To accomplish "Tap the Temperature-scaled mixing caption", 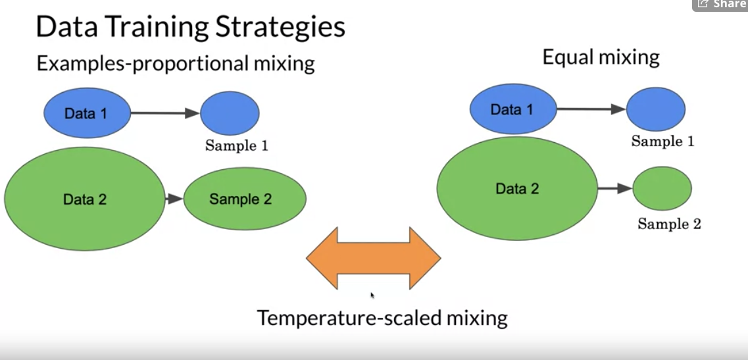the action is pyautogui.click(x=382, y=318).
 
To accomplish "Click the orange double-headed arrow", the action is pyautogui.click(x=373, y=258).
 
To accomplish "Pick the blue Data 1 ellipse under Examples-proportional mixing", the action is pyautogui.click(x=87, y=113).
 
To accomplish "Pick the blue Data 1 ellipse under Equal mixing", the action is pyautogui.click(x=513, y=109).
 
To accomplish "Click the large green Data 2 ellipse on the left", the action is pyautogui.click(x=85, y=199).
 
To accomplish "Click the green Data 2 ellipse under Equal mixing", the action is pyautogui.click(x=517, y=189).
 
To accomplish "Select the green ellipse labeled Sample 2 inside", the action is pyautogui.click(x=245, y=199).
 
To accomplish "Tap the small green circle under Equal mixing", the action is pyautogui.click(x=662, y=188).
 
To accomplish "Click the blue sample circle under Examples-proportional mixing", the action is pyautogui.click(x=230, y=113).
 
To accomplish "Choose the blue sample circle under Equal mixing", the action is pyautogui.click(x=655, y=109).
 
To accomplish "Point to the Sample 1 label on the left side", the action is pyautogui.click(x=237, y=145).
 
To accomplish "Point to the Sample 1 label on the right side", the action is pyautogui.click(x=662, y=141).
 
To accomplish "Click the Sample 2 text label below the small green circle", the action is pyautogui.click(x=669, y=224).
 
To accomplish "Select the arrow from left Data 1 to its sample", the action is pyautogui.click(x=165, y=113).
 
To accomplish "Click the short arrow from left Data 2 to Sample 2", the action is pyautogui.click(x=174, y=199).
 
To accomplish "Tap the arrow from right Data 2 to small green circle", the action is pyautogui.click(x=615, y=189).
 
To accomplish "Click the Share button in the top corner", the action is pyautogui.click(x=720, y=5).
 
